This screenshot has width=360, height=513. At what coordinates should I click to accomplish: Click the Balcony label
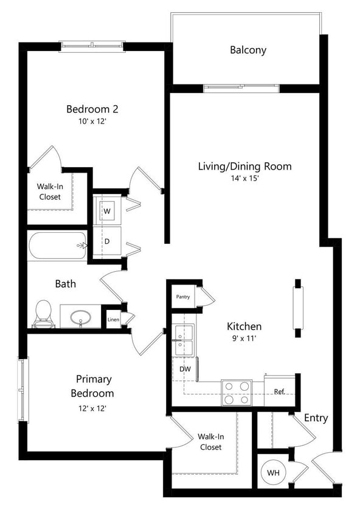click(x=247, y=50)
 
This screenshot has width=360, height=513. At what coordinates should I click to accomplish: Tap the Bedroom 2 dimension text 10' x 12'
click(x=92, y=122)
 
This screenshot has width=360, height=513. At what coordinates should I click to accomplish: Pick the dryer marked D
click(x=107, y=242)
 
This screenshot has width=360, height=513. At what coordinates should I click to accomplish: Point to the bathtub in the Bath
click(x=57, y=246)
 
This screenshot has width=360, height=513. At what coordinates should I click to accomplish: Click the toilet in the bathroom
click(x=43, y=312)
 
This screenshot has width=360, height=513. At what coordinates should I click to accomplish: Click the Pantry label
click(x=182, y=297)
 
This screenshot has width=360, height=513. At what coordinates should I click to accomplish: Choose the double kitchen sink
click(x=184, y=340)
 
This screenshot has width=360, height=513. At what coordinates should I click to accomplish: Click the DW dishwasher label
click(x=185, y=368)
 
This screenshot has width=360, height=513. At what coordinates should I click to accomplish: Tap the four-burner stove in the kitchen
click(x=236, y=392)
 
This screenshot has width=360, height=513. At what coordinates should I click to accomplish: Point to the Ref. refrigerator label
click(x=280, y=391)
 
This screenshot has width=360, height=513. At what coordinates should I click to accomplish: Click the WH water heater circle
click(x=273, y=472)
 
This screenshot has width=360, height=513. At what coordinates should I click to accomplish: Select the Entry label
click(x=316, y=418)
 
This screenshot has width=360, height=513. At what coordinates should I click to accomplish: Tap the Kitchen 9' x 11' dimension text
click(x=244, y=338)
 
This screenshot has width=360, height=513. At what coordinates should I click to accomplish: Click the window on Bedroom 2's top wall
click(x=92, y=46)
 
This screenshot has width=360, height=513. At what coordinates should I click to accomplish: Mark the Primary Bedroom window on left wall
click(x=23, y=390)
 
